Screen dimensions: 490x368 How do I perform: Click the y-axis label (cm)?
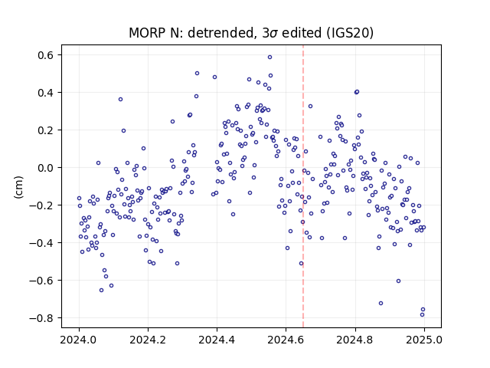[x=18, y=187]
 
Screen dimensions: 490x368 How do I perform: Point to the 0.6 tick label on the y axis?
[x=46, y=55]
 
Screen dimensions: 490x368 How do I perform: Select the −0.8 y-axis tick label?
[x=42, y=318]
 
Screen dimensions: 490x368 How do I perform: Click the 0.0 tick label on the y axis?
[x=46, y=168]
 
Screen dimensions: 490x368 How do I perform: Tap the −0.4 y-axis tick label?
[x=42, y=243]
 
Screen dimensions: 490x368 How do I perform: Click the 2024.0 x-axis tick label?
[x=79, y=340]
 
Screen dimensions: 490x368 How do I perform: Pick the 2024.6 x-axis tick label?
[x=286, y=340]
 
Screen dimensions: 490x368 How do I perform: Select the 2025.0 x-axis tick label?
[x=424, y=340]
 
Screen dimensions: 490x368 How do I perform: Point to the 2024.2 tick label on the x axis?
[x=148, y=340]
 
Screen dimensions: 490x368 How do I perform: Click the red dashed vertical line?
[x=303, y=186]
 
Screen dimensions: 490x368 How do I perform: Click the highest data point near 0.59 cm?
[x=269, y=58]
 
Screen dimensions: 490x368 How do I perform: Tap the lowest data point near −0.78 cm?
[x=422, y=315]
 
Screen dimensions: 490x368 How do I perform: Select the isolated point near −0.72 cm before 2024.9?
[x=381, y=304]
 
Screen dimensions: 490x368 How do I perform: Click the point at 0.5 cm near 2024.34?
[x=197, y=74]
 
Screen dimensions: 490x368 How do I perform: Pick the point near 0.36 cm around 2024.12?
[x=120, y=100]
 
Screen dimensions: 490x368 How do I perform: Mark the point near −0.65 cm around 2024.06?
[x=101, y=291]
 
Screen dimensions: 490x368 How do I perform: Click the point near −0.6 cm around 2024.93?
[x=398, y=281]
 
